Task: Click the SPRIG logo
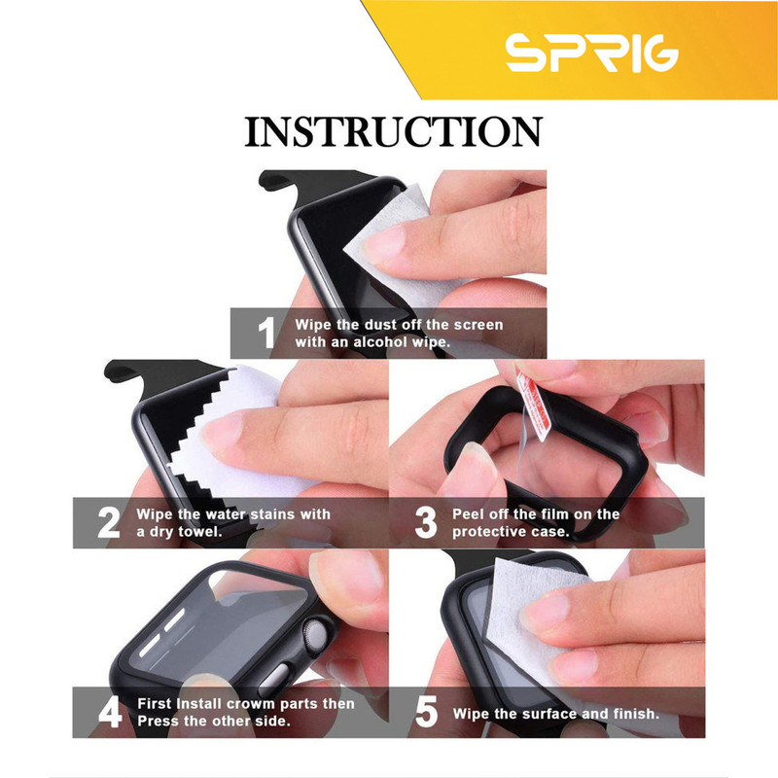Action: [591, 53]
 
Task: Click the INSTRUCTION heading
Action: [394, 132]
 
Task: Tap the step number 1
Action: [266, 333]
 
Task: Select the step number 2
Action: [109, 522]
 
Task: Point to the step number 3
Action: [425, 522]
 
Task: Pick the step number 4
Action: [110, 712]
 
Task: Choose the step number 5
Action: [426, 712]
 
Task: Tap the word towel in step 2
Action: [200, 532]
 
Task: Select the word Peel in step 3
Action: [469, 514]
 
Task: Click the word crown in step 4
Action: [249, 704]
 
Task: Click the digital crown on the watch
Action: [314, 637]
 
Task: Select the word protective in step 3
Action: [490, 532]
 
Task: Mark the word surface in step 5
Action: [548, 714]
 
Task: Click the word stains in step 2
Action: [275, 514]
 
